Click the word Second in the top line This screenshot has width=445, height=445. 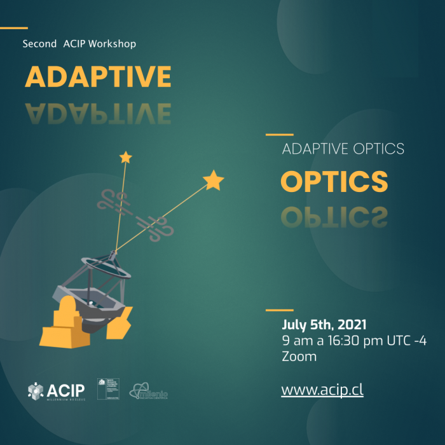pyautogui.click(x=39, y=44)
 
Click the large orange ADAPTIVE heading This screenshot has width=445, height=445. pyautogui.click(x=98, y=77)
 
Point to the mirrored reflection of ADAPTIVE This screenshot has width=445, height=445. pyautogui.click(x=98, y=113)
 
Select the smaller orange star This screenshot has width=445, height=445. pyautogui.click(x=126, y=156)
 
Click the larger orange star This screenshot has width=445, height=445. pyautogui.click(x=214, y=181)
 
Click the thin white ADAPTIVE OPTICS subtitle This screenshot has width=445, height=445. pyautogui.click(x=343, y=149)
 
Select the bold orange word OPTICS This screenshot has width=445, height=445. pyautogui.click(x=334, y=182)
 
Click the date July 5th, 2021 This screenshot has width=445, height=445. pyautogui.click(x=324, y=324)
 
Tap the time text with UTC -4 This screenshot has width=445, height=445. pyautogui.click(x=354, y=341)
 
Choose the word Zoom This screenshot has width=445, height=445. pyautogui.click(x=299, y=357)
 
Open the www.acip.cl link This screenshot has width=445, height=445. pyautogui.click(x=322, y=390)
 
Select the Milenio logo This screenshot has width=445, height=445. pyautogui.click(x=149, y=392)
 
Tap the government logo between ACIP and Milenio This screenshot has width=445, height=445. pyautogui.click(x=106, y=388)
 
